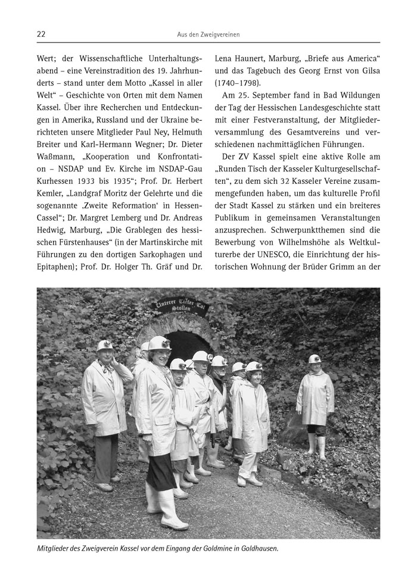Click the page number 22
(x=41, y=35)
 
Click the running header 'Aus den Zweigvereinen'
(x=208, y=35)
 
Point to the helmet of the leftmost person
(x=105, y=345)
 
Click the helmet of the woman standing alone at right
(x=315, y=359)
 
